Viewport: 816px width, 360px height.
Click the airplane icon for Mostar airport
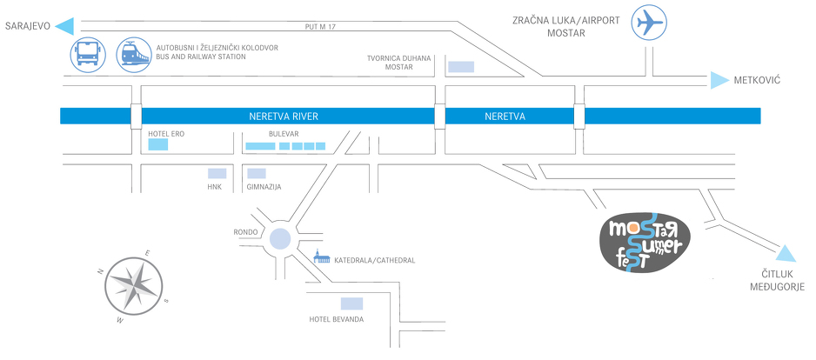[x=649, y=23]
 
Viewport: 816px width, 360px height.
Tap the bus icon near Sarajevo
[x=88, y=54]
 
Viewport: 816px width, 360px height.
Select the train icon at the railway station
[x=135, y=55]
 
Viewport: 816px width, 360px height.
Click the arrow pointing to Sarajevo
[x=64, y=26]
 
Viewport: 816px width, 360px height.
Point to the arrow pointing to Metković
[x=719, y=80]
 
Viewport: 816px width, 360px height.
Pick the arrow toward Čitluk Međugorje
[x=786, y=253]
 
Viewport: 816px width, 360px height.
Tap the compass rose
[x=134, y=285]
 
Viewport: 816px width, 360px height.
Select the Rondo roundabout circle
[x=280, y=239]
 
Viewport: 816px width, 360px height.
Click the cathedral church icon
[x=321, y=257]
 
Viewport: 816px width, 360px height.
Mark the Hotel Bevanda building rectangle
[x=351, y=303]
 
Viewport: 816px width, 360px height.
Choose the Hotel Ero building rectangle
[x=158, y=144]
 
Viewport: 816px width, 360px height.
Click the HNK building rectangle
[x=217, y=174]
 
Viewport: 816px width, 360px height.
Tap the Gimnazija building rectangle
[x=257, y=174]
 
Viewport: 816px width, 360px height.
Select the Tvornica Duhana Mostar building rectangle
[x=461, y=67]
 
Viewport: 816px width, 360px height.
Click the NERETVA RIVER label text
[x=284, y=117]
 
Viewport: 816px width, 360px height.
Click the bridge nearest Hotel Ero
[x=137, y=116]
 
